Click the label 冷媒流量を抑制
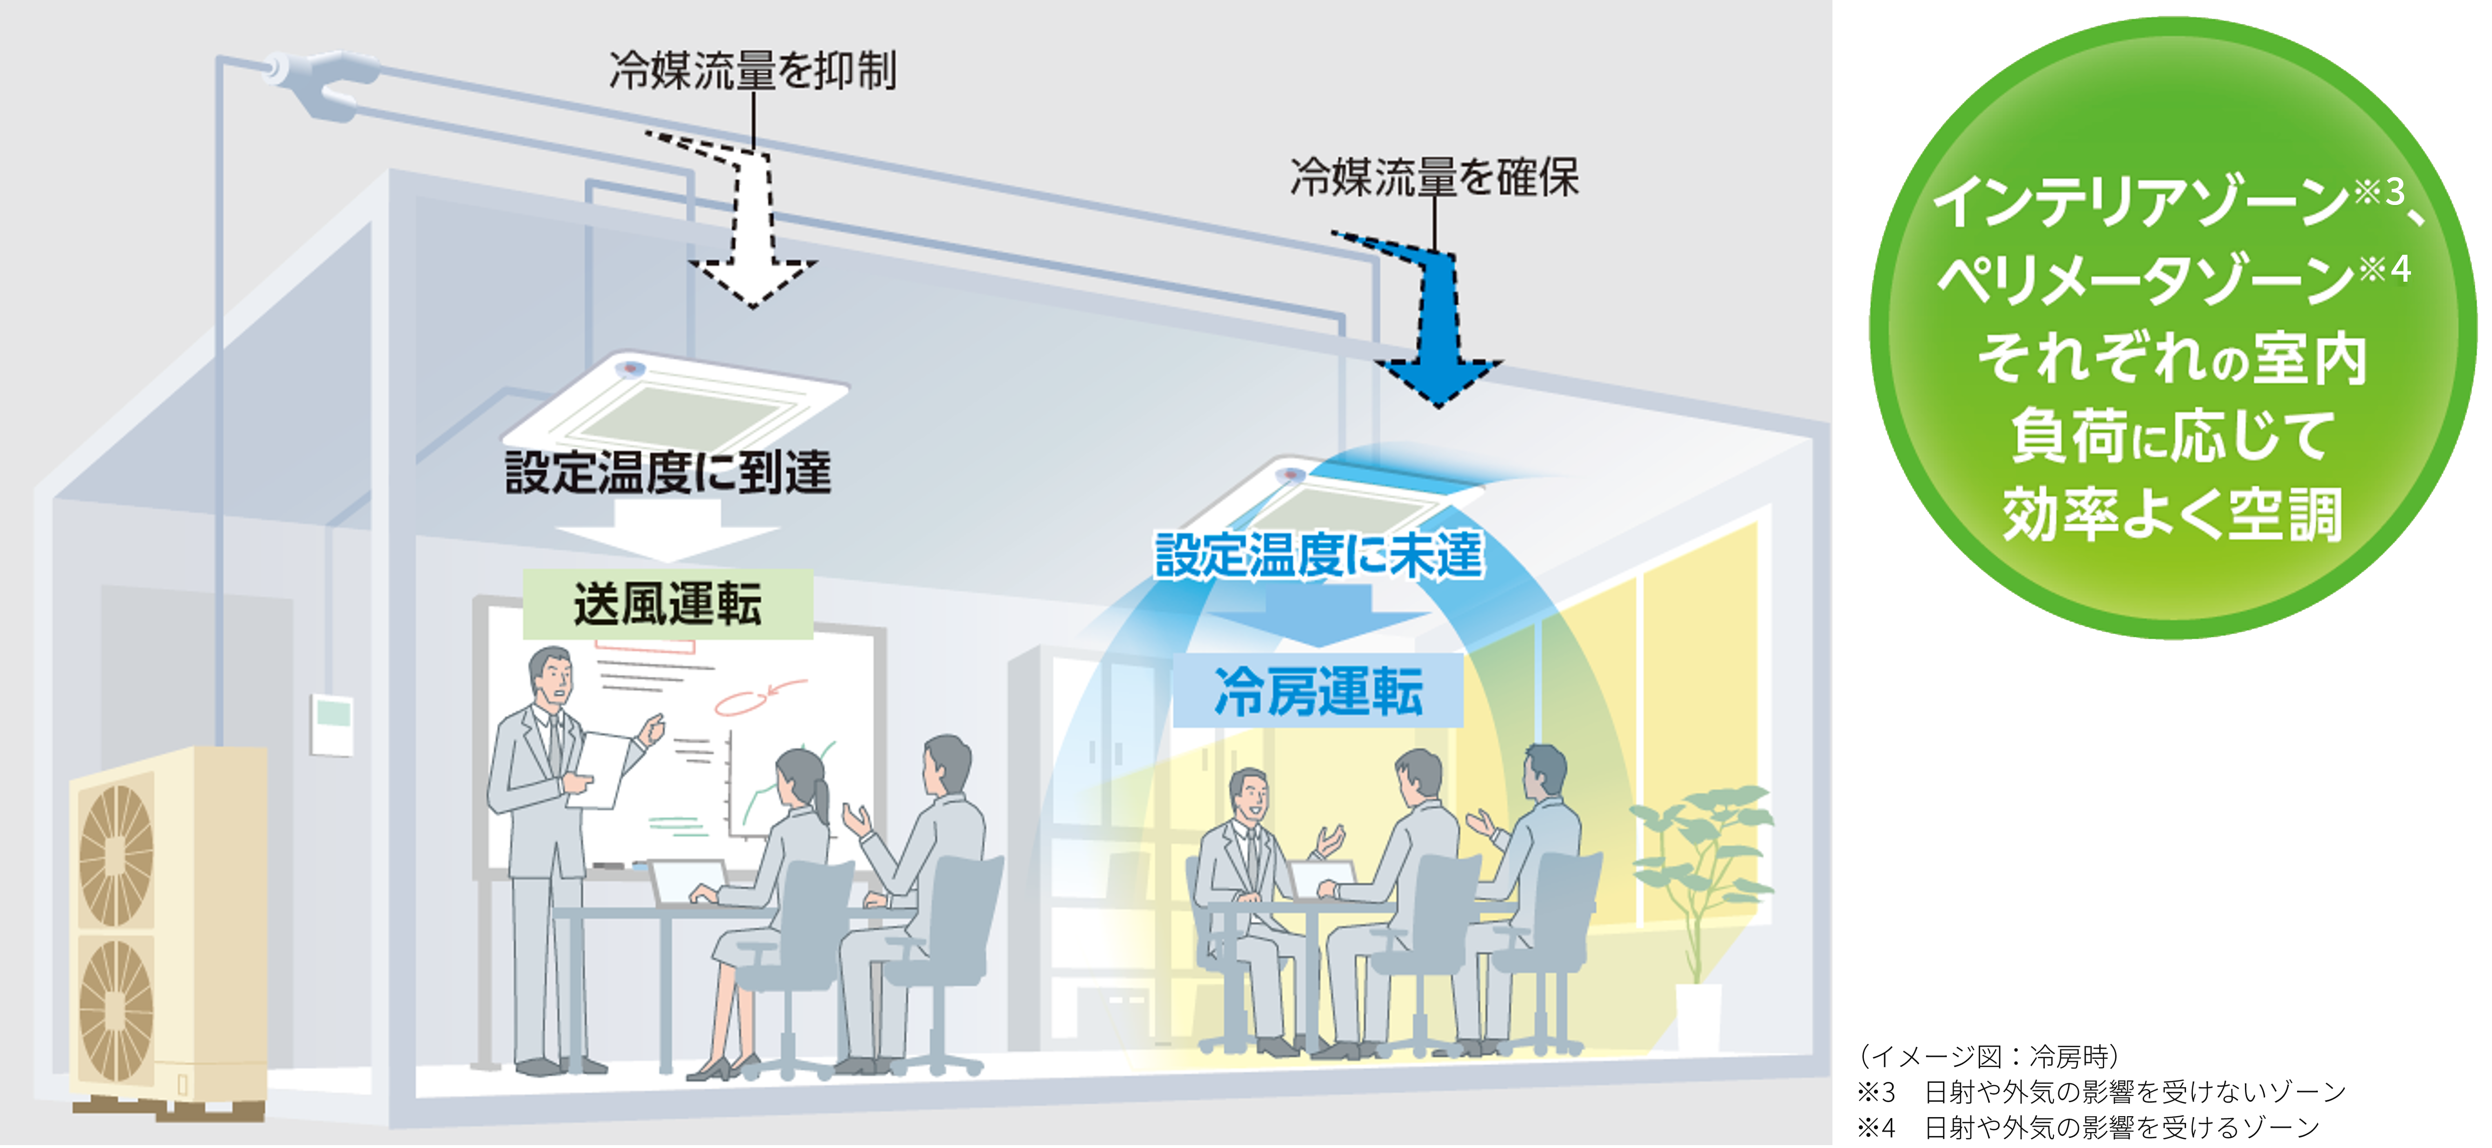click(x=753, y=70)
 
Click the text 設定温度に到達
click(x=667, y=473)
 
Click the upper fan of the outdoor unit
click(x=116, y=856)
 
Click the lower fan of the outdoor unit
click(x=116, y=1011)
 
